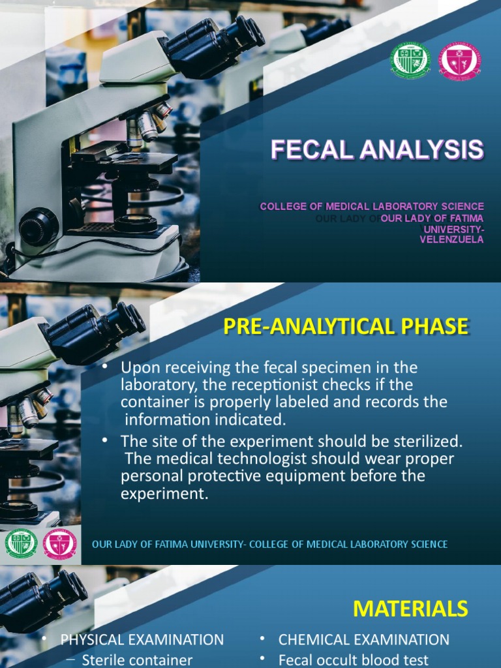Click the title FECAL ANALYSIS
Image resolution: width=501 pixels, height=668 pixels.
(377, 150)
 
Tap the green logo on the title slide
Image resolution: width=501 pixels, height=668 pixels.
(410, 61)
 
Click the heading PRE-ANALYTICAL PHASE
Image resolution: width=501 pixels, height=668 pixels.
(346, 326)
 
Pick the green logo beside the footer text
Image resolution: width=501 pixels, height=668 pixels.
(21, 543)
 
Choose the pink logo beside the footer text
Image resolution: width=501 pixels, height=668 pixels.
(59, 543)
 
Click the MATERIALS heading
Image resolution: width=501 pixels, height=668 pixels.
(410, 609)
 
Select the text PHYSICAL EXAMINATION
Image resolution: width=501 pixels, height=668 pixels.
(142, 640)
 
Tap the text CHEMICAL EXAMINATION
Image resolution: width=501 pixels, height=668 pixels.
(364, 640)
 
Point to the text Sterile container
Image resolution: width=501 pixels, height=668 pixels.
(137, 660)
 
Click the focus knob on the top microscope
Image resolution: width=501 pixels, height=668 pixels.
(39, 226)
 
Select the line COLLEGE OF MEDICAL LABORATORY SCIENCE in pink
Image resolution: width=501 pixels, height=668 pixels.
(372, 206)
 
